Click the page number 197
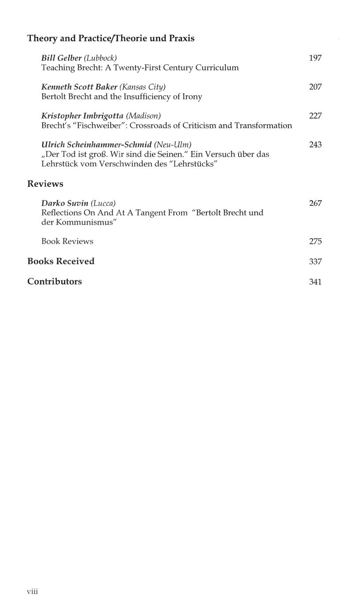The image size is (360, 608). coord(315,58)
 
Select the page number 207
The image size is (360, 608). coord(315,87)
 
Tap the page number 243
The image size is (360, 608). coord(315,145)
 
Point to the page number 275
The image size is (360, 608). coord(315,241)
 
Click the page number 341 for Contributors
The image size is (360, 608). coord(315,282)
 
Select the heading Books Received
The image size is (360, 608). coord(61,261)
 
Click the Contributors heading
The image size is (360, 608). coord(55,282)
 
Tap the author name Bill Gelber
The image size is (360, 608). coord(62,58)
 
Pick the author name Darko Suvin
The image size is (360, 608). coord(65,203)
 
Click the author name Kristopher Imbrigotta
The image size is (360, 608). coord(82,116)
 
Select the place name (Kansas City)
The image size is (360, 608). coord(142,87)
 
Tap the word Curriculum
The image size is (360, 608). coord(218,67)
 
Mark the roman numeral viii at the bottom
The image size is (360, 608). coord(33,591)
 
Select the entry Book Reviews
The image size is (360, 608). coord(67,241)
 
